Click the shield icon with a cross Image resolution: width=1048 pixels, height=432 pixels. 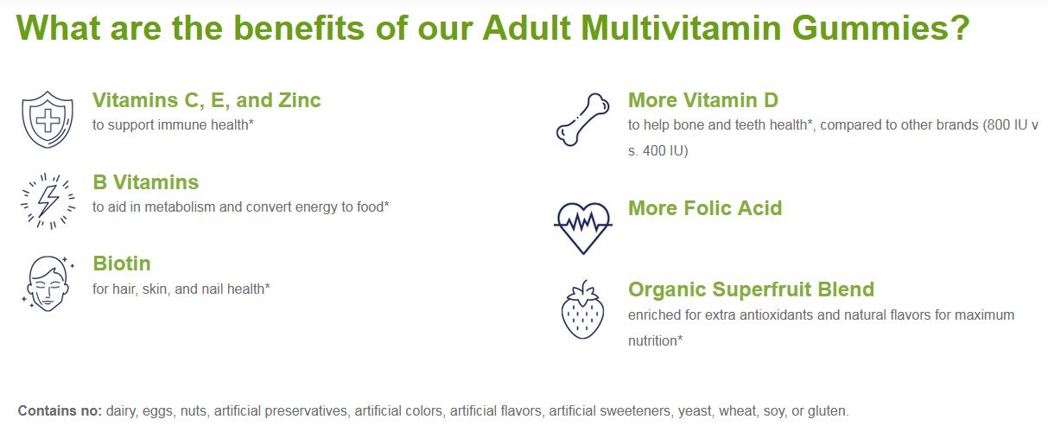pos(48,119)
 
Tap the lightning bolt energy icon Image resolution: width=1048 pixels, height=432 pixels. pos(48,201)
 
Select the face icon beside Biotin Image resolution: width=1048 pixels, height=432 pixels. pos(48,283)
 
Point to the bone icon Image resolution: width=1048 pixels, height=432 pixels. pos(582,119)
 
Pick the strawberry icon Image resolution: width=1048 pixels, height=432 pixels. pos(582,309)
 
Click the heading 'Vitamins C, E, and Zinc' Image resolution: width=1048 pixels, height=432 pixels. pos(206,100)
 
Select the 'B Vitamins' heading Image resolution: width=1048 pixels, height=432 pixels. pos(145,182)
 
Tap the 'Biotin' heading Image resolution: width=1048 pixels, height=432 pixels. pos(122,264)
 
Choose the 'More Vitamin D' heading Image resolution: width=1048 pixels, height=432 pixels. pos(702,100)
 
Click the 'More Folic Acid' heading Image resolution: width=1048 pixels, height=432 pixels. pos(705,208)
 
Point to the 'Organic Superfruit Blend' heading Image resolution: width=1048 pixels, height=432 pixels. pos(751,289)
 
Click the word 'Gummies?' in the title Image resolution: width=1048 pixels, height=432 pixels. pos(880,29)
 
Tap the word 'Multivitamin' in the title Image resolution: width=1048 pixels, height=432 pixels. pos(681,28)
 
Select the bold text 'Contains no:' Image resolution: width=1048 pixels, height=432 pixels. pos(60,410)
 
